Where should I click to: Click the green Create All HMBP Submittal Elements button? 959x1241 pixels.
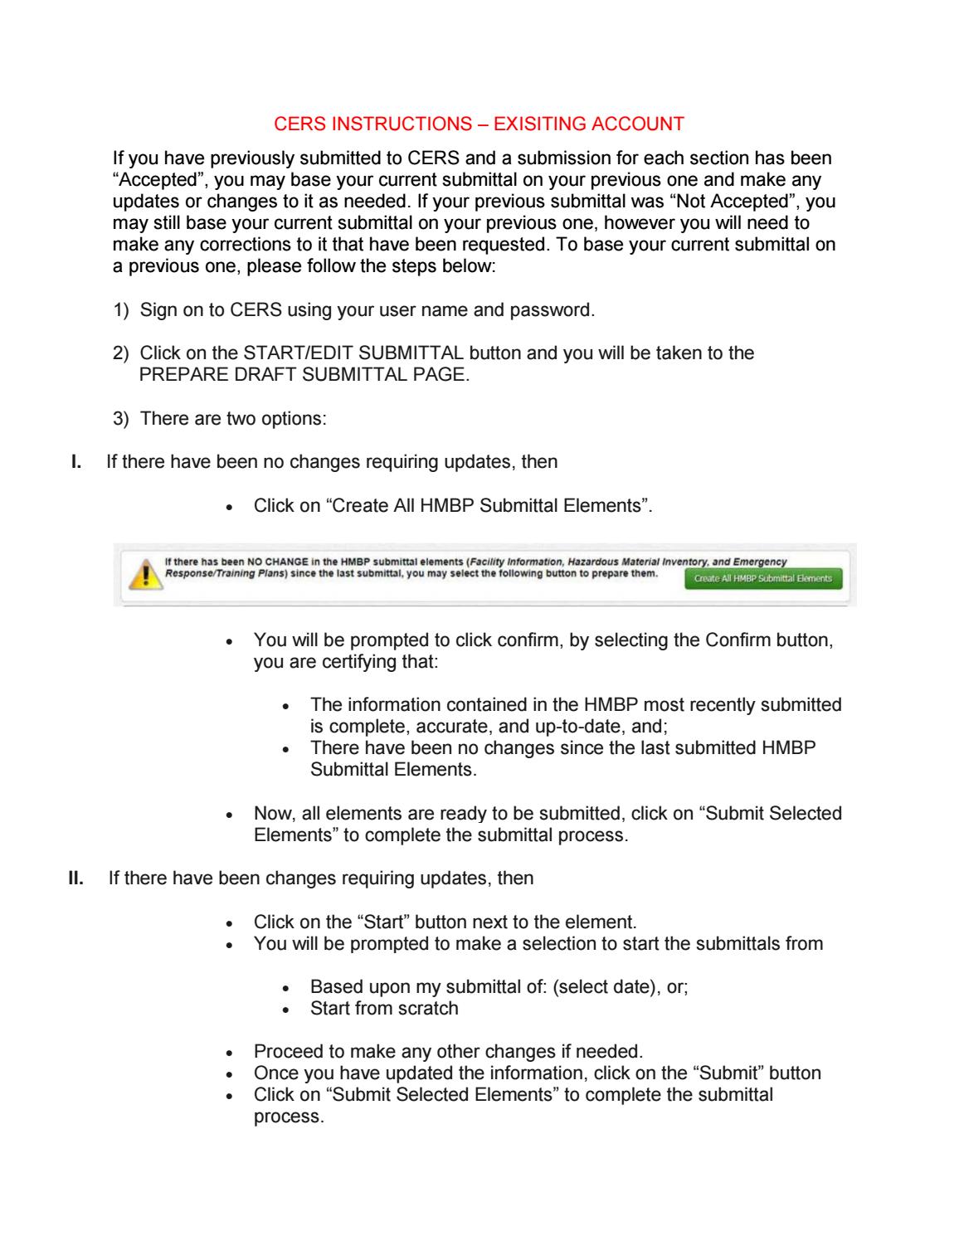coord(763,578)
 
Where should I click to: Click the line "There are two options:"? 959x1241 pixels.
coord(233,418)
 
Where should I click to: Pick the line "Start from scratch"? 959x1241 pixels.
coord(384,1009)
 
